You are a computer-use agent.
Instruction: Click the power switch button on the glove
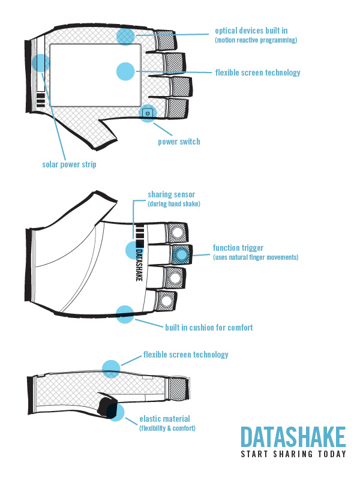coord(148,112)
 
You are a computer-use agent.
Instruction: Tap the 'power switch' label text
coord(179,142)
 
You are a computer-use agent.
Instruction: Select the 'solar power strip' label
coord(69,164)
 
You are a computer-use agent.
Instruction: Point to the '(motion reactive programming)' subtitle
coord(256,40)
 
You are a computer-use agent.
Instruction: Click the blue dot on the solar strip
coord(41,63)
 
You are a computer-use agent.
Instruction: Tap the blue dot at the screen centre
coord(125,71)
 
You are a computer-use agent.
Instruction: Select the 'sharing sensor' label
coord(171,194)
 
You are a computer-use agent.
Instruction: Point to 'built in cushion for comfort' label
coord(209,328)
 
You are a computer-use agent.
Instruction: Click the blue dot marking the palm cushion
coord(125,314)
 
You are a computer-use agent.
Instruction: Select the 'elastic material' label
coord(164,419)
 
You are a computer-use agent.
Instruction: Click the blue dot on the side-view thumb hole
coord(115,412)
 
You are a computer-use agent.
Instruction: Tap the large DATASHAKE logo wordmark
coord(293,437)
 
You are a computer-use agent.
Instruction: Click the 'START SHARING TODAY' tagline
coord(293,454)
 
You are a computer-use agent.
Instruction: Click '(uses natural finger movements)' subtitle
coord(256,257)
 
